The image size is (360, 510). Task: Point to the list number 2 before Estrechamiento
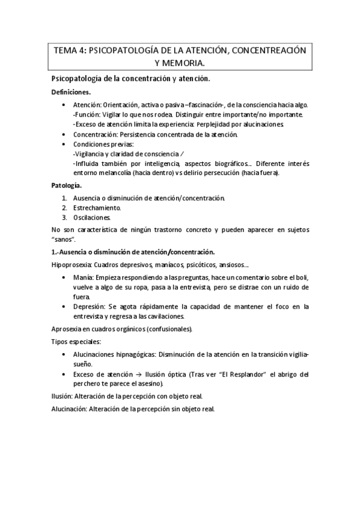pyautogui.click(x=65, y=207)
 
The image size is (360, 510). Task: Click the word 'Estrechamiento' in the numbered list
pyautogui.click(x=99, y=207)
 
